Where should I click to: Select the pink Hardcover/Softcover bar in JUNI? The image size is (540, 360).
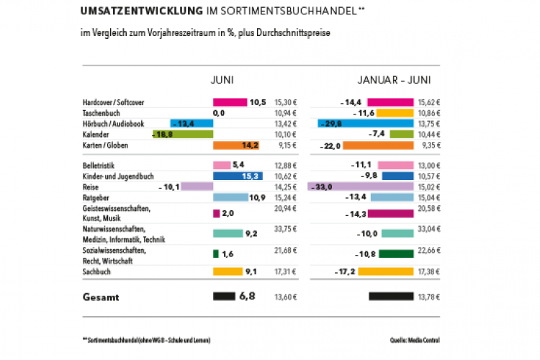(230, 103)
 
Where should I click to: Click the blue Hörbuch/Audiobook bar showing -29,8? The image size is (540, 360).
(366, 124)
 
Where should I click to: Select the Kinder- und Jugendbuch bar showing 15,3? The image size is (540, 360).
(238, 176)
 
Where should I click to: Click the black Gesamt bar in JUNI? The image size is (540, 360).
(225, 296)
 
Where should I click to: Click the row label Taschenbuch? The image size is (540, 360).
(101, 114)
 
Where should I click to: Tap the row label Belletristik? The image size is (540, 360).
(99, 166)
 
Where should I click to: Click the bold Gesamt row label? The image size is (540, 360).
(99, 297)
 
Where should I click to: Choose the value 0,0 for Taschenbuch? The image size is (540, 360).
(220, 114)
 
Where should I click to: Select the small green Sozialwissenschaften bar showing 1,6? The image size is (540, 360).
(215, 253)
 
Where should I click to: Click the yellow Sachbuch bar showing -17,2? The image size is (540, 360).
(385, 271)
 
